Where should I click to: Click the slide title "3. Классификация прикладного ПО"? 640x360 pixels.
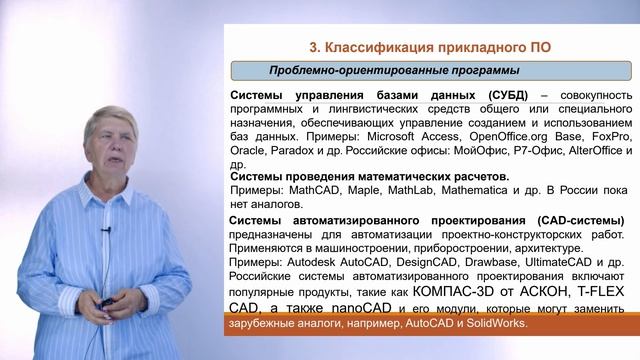(x=429, y=46)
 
